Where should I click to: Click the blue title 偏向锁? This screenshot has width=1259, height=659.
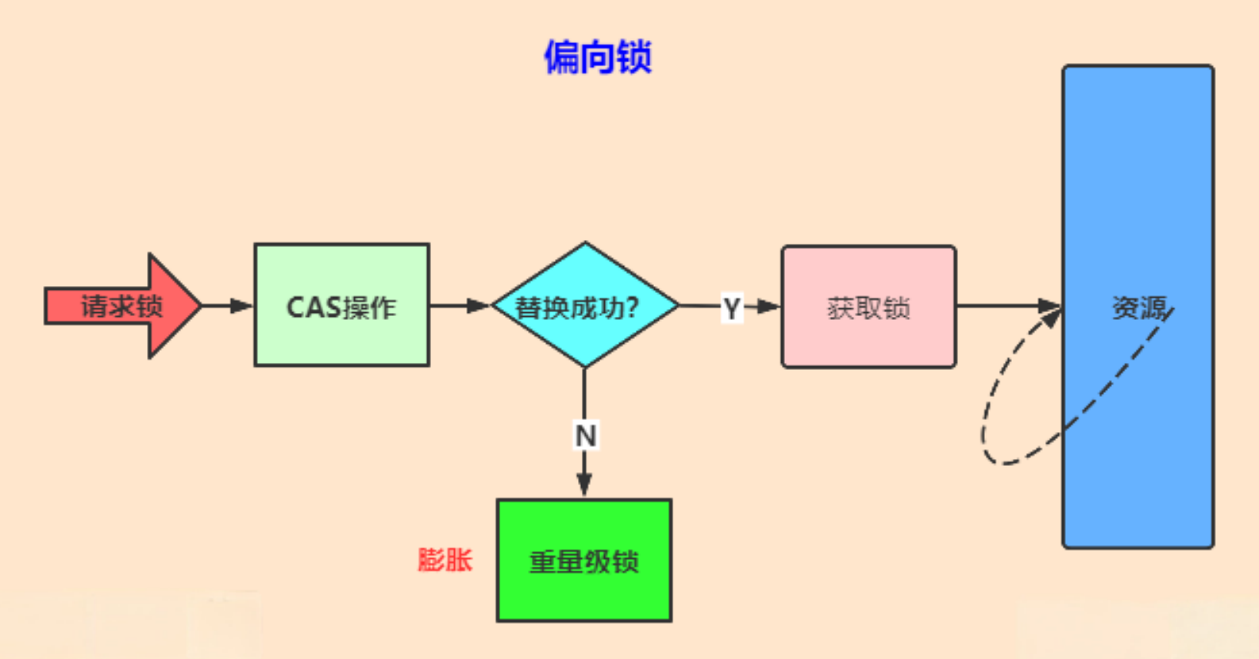click(598, 57)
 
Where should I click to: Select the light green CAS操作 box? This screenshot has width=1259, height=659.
click(342, 305)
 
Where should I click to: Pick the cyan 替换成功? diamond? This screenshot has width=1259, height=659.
click(585, 305)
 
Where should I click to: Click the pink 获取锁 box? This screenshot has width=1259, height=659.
click(868, 307)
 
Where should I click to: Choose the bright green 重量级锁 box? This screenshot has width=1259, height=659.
click(584, 560)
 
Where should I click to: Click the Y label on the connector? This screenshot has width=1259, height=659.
click(731, 308)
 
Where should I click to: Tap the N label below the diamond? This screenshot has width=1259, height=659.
click(586, 436)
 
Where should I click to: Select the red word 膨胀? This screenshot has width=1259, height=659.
click(445, 559)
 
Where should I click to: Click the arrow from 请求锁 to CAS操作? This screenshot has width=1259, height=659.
click(227, 306)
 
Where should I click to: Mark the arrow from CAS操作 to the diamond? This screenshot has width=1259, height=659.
click(459, 306)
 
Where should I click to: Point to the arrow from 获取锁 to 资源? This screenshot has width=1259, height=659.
click(1008, 306)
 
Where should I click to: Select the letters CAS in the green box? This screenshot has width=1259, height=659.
click(314, 308)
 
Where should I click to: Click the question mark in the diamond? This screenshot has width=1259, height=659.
click(632, 308)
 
